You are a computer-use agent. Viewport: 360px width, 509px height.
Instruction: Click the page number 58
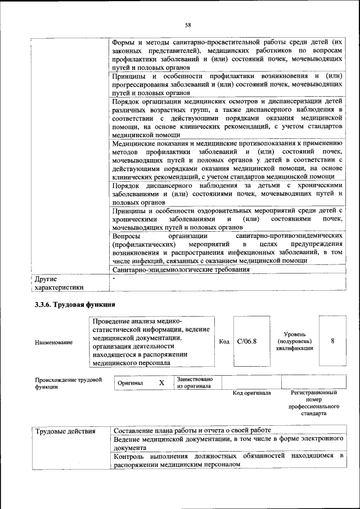(x=188, y=25)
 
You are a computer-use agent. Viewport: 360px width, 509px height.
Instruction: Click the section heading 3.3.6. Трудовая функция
(x=71, y=304)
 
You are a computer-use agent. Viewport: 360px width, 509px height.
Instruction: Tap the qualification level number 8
(x=333, y=341)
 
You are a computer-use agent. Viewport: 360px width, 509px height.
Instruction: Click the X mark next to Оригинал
(x=161, y=382)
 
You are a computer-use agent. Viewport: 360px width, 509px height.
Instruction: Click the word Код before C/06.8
(x=223, y=342)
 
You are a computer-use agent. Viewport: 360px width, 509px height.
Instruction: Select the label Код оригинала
(x=251, y=393)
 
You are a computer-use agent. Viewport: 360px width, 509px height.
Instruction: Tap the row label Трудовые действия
(x=65, y=431)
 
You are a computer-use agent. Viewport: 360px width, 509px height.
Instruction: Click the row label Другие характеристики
(x=59, y=283)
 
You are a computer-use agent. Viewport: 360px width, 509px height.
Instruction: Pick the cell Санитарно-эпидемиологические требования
(x=181, y=269)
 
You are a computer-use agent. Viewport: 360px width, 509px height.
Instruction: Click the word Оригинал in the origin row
(x=130, y=383)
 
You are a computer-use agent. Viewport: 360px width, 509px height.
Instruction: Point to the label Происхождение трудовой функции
(x=68, y=383)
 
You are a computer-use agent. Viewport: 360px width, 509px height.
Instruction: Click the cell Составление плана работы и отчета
(x=192, y=430)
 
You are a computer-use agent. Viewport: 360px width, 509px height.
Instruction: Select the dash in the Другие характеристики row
(x=114, y=278)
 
